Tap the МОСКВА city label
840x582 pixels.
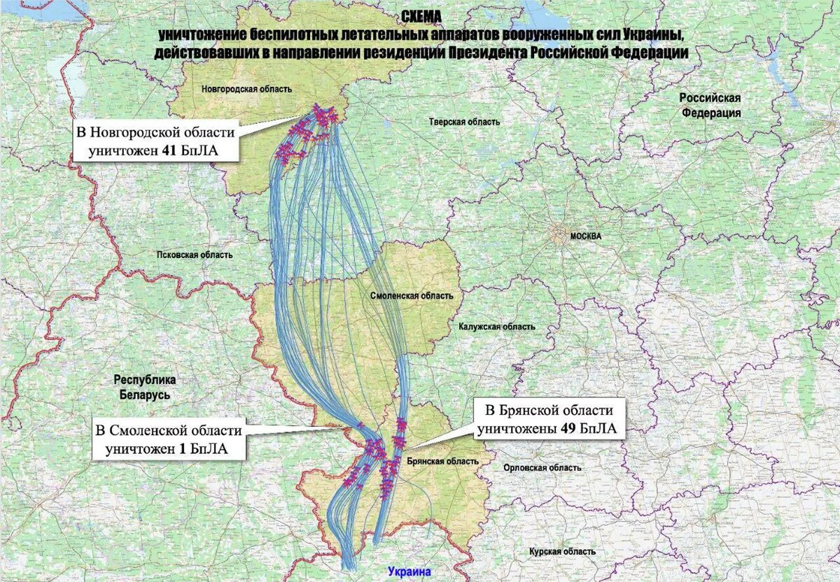tap(585, 236)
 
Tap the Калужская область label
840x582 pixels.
tap(497, 327)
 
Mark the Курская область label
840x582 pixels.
tap(562, 552)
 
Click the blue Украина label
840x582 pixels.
tap(409, 572)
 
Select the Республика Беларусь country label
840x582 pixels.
tap(144, 387)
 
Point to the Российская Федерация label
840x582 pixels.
tap(710, 105)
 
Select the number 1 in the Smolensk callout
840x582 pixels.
tap(182, 450)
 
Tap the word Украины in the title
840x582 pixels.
tap(655, 35)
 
